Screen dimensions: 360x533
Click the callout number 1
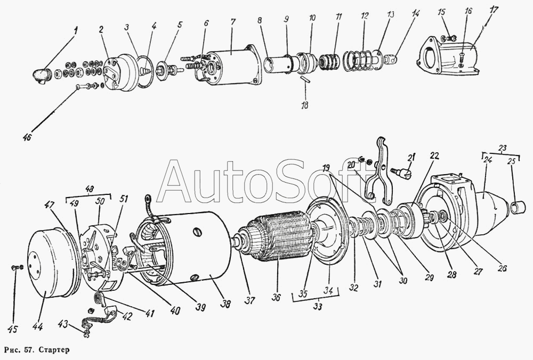click(x=75, y=31)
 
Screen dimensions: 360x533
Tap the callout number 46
click(x=27, y=136)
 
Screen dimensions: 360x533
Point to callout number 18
click(x=305, y=105)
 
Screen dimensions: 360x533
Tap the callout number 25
click(x=511, y=161)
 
